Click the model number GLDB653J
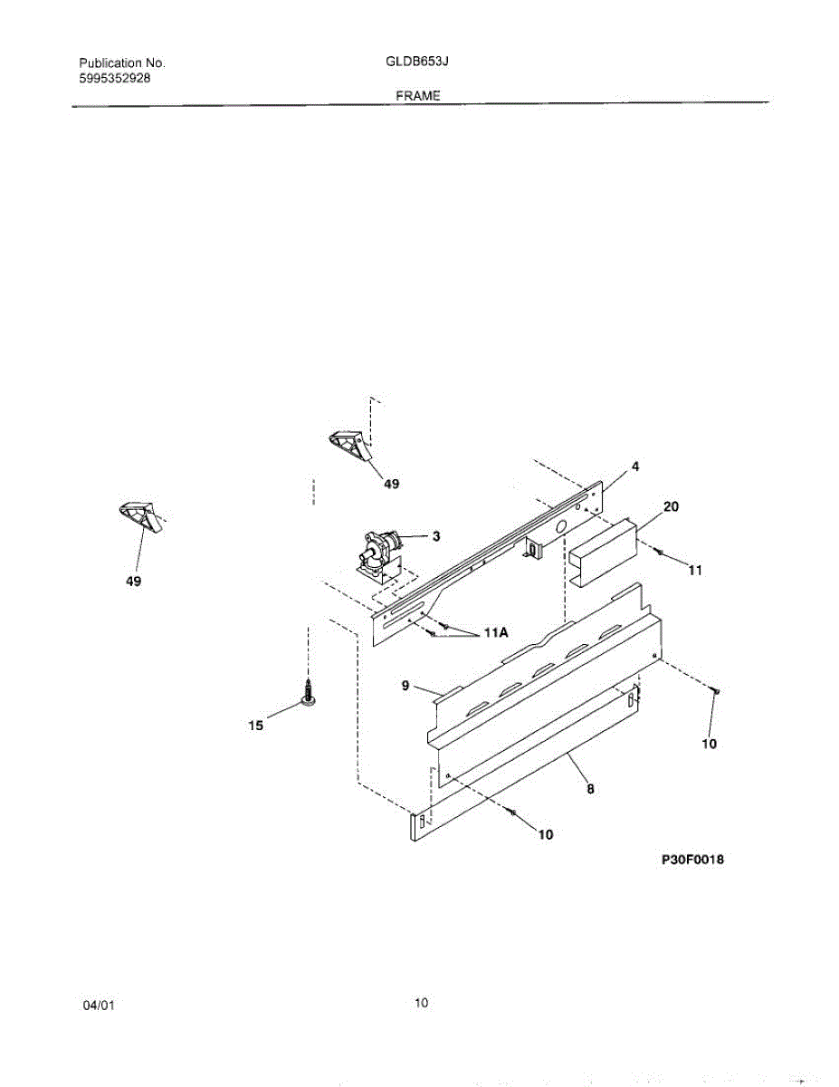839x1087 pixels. tap(417, 63)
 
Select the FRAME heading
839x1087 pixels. tap(417, 95)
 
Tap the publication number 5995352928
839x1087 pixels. tap(115, 79)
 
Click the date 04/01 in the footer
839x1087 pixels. tap(99, 1005)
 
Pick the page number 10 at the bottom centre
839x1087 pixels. tap(421, 1003)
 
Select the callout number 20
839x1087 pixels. tap(671, 507)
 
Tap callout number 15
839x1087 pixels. tap(256, 725)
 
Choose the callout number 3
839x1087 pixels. tap(435, 536)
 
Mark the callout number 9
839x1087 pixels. tap(405, 687)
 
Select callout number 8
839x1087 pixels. tap(590, 789)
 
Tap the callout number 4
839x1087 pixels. tap(635, 467)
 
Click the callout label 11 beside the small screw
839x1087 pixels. tap(695, 571)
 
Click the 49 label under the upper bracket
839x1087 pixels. tap(390, 485)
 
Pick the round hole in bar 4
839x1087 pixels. tap(560, 524)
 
